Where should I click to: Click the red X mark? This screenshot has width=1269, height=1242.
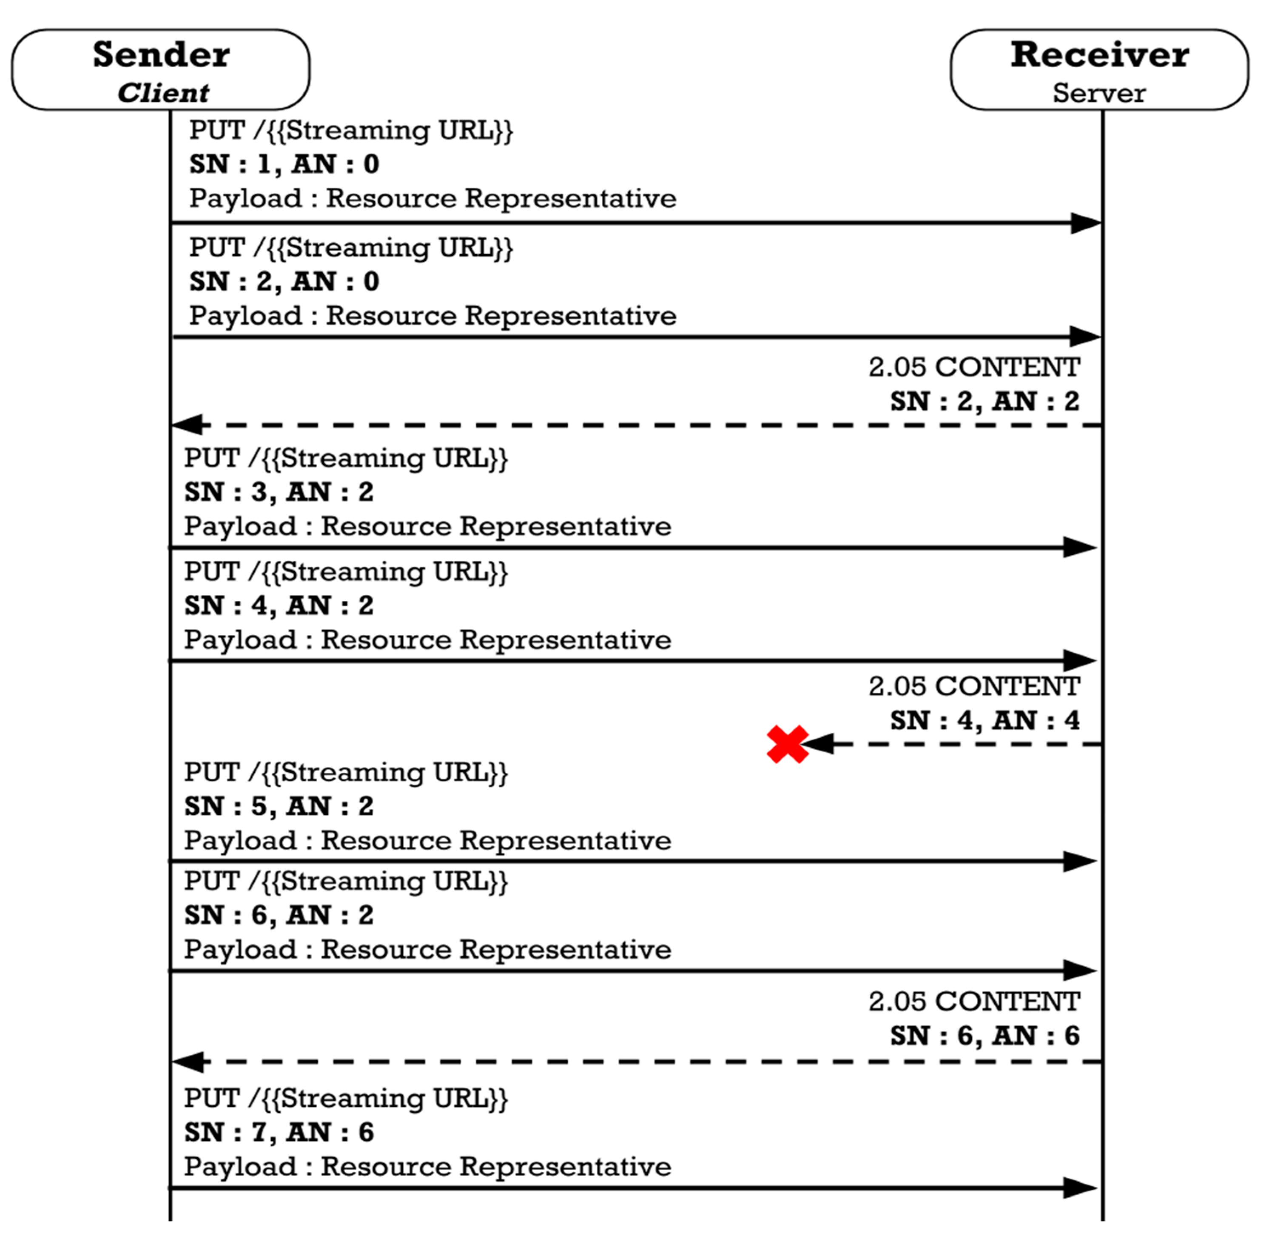[x=787, y=744]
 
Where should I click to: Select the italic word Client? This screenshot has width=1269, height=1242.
[x=163, y=93]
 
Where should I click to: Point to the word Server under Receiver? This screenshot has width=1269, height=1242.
[x=1099, y=93]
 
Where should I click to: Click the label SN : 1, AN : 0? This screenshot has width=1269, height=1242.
[x=285, y=164]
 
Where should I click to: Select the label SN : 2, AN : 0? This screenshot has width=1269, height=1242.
[x=285, y=282]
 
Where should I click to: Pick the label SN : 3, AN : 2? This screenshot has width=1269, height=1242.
[x=279, y=492]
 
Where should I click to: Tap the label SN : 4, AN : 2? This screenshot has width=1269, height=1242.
[x=279, y=605]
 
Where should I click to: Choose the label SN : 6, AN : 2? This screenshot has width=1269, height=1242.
[x=279, y=915]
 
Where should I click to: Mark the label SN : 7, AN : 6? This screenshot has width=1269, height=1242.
[x=279, y=1132]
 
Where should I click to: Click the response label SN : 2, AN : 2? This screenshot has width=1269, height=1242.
[x=984, y=401]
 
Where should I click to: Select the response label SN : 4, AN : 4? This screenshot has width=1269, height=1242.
[x=984, y=721]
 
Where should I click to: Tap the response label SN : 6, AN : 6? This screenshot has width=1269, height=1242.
[x=984, y=1036]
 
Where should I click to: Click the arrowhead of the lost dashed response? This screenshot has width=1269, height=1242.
[x=820, y=744]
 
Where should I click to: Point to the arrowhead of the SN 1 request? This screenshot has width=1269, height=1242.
[x=1085, y=223]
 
